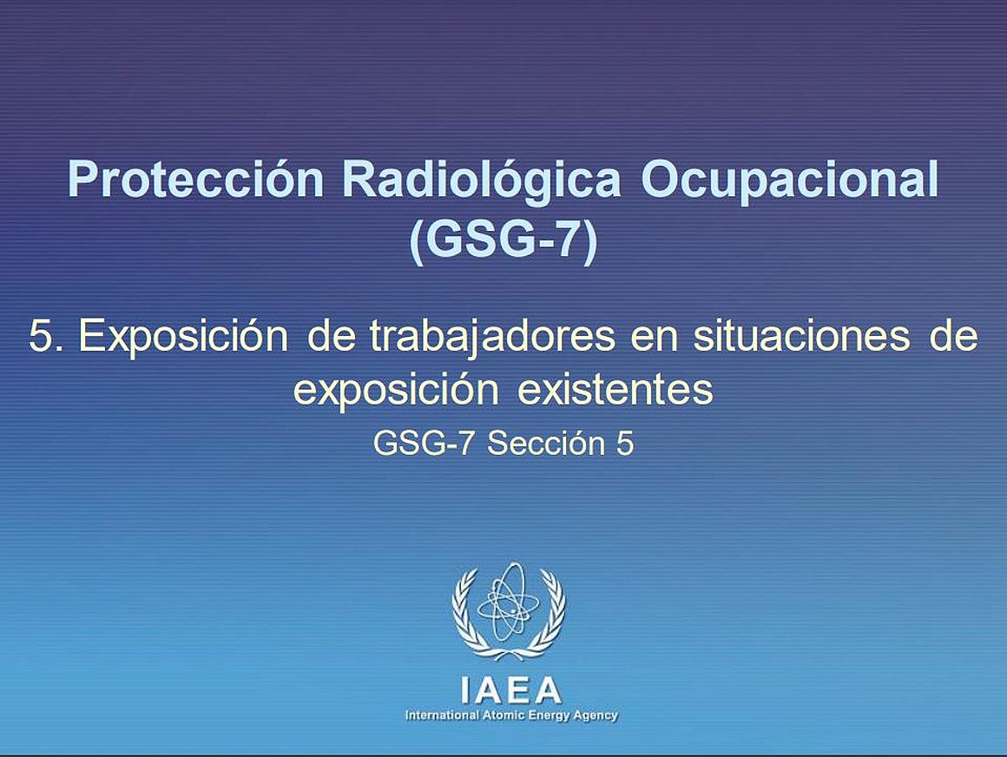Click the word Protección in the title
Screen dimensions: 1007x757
coord(196,180)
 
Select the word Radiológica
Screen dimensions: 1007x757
coord(482,181)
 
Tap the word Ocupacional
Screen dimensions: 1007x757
coord(790,181)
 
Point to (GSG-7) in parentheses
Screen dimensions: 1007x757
coord(503,241)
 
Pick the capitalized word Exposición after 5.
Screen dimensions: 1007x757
coord(183,338)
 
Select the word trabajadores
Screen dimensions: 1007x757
coord(492,338)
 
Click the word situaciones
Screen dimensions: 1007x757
coord(801,337)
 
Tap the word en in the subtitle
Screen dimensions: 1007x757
coord(655,340)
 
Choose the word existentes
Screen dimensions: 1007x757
coord(615,390)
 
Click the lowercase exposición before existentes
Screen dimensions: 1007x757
coord(396,391)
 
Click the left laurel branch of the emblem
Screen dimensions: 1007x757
coord(468,613)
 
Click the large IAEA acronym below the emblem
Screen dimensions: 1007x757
coord(511,691)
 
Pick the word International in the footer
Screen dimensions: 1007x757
coord(442,715)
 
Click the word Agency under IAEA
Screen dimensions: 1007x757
coord(596,716)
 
